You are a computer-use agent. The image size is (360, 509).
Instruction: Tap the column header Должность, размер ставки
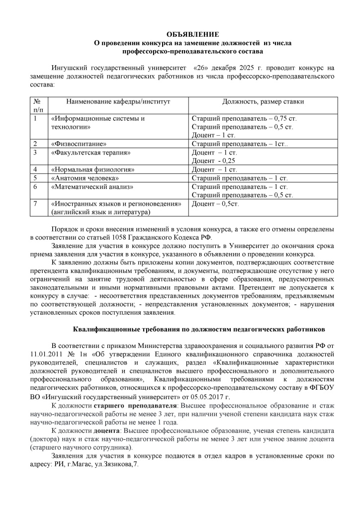[x=263, y=101]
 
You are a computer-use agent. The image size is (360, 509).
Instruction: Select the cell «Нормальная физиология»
[x=92, y=170]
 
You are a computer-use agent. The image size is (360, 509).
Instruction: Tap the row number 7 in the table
[x=35, y=204]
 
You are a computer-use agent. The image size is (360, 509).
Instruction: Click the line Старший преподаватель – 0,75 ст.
[x=244, y=118]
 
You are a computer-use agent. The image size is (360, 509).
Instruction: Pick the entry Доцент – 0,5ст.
[x=216, y=204]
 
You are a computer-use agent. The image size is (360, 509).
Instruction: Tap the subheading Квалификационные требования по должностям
[x=199, y=329]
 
